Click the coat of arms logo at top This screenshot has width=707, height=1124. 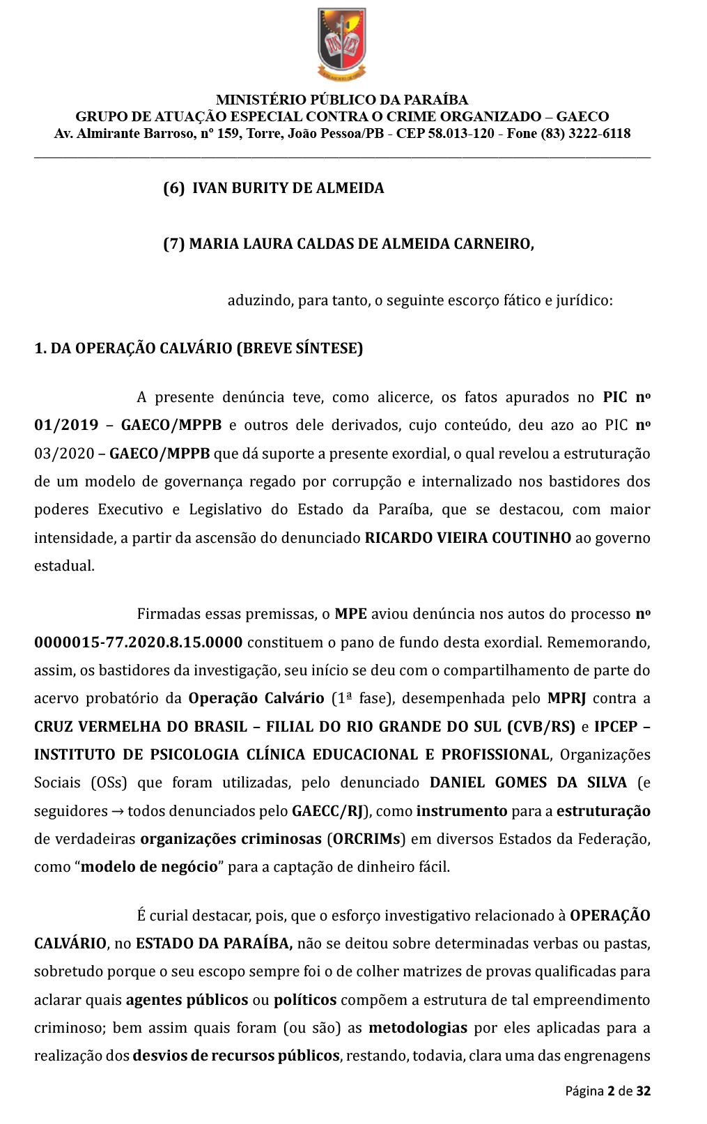point(342,43)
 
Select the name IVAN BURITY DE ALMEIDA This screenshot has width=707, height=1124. point(288,188)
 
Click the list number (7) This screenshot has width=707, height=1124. point(173,244)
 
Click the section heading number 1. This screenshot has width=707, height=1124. point(40,348)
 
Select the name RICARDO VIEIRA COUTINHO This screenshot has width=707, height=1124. point(467,538)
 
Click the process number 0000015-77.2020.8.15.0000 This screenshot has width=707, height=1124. point(138,642)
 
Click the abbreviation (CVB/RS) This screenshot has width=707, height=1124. point(541,727)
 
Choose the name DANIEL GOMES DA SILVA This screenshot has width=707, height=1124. point(528,783)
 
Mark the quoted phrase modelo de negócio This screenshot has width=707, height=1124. point(149,867)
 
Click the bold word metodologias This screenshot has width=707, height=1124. point(418,1028)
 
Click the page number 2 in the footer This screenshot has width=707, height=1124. point(611,1091)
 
